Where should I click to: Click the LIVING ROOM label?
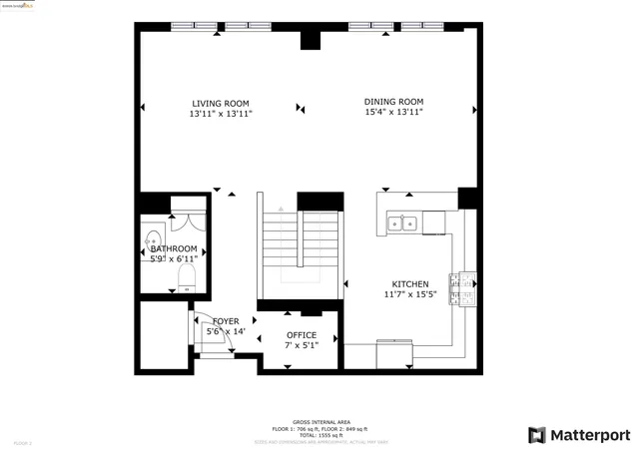(x=220, y=103)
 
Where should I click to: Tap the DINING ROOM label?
(x=393, y=102)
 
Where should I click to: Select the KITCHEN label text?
(x=409, y=283)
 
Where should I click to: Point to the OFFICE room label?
(x=302, y=335)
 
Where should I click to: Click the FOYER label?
(x=226, y=320)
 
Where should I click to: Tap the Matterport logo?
(x=579, y=435)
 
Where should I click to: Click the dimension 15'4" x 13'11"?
(x=393, y=113)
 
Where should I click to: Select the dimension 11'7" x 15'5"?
(x=410, y=294)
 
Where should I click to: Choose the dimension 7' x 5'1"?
(x=302, y=346)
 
